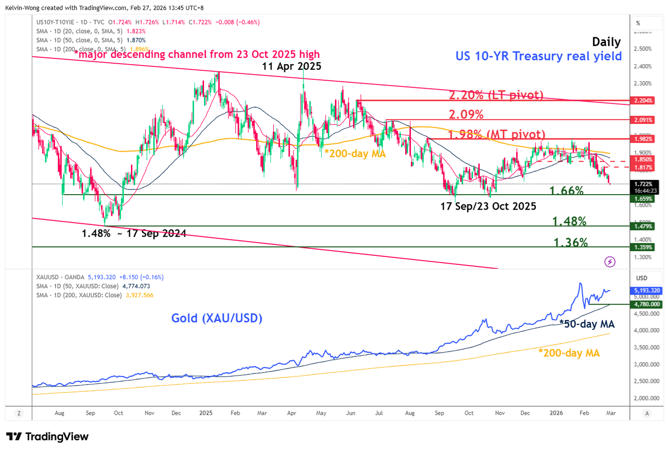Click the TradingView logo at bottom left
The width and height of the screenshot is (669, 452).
point(47,437)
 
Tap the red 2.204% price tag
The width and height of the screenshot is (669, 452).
point(643,100)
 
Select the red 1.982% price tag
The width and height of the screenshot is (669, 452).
point(643,139)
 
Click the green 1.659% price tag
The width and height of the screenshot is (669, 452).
point(643,199)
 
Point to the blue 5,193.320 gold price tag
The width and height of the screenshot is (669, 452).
point(647,290)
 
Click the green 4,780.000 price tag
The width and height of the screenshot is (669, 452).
point(647,304)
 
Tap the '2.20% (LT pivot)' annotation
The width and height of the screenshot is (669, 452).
point(496,95)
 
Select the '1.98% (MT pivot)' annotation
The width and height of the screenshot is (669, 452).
point(496,134)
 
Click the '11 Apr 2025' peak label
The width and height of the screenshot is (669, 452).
point(291,66)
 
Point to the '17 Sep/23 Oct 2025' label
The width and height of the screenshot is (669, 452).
point(488,206)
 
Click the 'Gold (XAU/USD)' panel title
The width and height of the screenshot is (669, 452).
point(216,318)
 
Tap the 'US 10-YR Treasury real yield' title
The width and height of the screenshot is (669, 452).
point(539,56)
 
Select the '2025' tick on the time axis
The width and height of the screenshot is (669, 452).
point(206,413)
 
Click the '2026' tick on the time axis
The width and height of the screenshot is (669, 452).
point(556,413)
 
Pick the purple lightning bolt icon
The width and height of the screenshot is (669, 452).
point(610,262)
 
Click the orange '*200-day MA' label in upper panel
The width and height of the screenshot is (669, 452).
point(355,154)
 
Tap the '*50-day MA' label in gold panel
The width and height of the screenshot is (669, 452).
point(587,324)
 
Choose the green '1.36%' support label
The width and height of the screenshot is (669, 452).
point(571,243)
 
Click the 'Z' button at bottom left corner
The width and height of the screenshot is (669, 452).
point(19,413)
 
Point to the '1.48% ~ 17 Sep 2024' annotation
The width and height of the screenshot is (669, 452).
point(134,233)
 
